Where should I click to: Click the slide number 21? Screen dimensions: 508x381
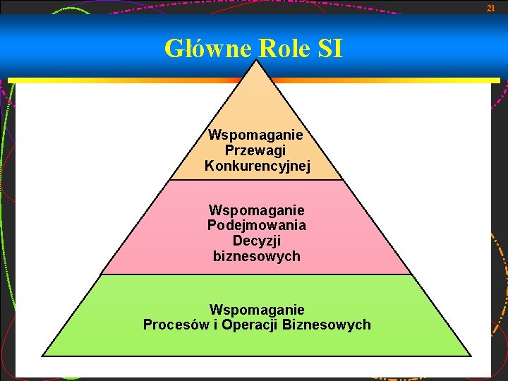pos(492,8)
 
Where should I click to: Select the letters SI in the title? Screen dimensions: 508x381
pos(330,49)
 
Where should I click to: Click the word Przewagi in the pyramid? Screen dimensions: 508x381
pos(257,150)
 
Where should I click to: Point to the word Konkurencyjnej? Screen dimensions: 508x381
pos(257,166)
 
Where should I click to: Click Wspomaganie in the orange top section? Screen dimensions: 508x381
pos(257,135)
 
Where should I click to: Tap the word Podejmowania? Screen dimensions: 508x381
pos(257,226)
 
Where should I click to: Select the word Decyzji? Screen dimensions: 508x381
pos(257,241)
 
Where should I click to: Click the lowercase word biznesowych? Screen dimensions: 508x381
pos(257,257)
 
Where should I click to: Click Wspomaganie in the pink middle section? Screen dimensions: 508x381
pos(257,210)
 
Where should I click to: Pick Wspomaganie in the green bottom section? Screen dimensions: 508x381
pos(257,310)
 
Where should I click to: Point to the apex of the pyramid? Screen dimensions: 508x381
pos(257,61)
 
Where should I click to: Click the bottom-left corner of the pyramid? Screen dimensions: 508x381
pos(43,356)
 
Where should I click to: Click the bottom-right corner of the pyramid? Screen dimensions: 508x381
pos(471,356)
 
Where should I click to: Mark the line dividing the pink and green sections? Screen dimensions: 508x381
pos(257,274)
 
